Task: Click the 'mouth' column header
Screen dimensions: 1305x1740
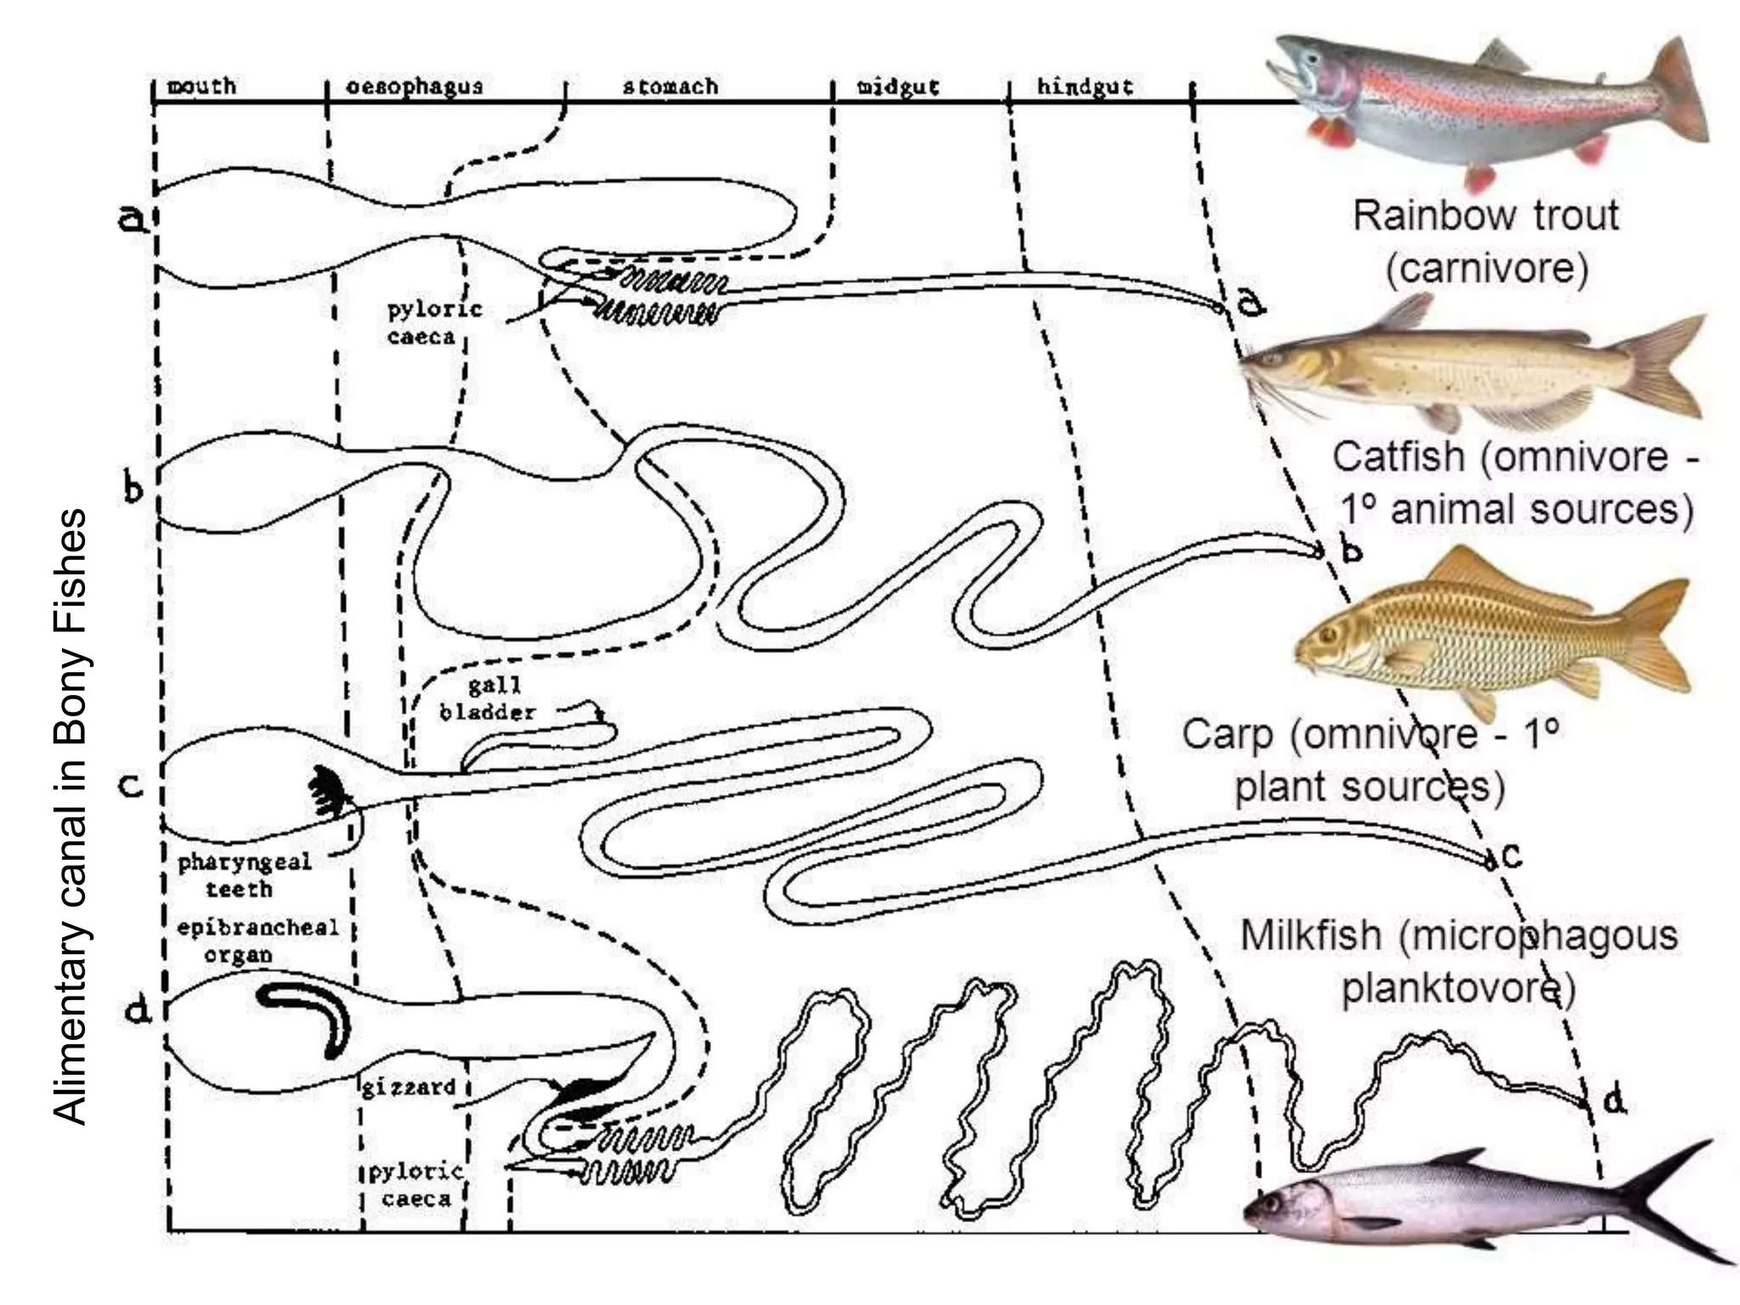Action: click(x=201, y=86)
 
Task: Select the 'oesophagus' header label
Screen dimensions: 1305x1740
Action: click(x=414, y=86)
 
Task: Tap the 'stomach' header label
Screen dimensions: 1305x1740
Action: click(x=670, y=86)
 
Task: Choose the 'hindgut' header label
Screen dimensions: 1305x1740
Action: click(x=1084, y=86)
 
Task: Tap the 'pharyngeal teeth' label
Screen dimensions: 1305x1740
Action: click(x=243, y=875)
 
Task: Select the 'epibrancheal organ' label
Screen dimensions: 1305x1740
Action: click(x=257, y=941)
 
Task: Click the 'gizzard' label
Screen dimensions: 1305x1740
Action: click(x=409, y=1087)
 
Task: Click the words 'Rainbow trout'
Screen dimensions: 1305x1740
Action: click(x=1485, y=215)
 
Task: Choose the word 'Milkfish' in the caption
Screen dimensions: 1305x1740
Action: click(x=1310, y=935)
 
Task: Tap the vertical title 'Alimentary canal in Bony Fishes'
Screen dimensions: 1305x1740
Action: click(x=70, y=816)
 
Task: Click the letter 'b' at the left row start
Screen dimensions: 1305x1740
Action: click(x=133, y=491)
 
